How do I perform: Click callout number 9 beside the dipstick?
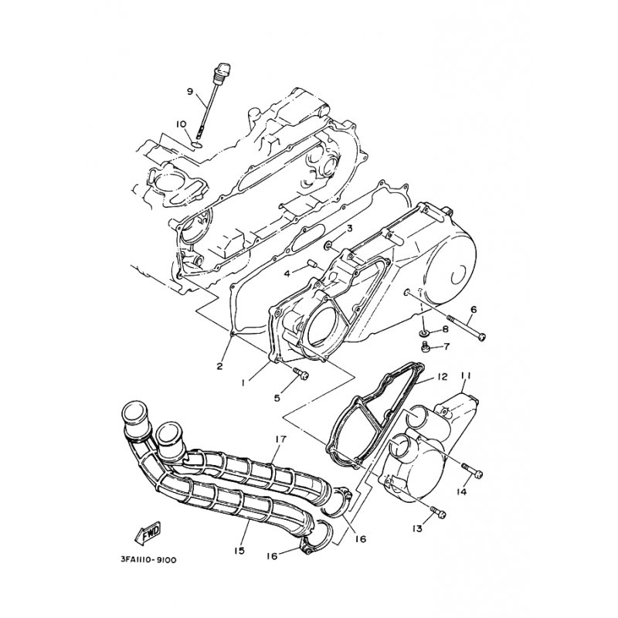(189, 92)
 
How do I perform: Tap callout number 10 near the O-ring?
(182, 124)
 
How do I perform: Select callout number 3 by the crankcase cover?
(349, 229)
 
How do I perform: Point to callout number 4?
(287, 273)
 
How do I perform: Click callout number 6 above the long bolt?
(473, 309)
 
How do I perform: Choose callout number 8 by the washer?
(446, 330)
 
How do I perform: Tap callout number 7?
(447, 346)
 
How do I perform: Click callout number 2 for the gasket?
(219, 366)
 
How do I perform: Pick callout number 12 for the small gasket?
(441, 378)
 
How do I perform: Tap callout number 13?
(418, 528)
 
